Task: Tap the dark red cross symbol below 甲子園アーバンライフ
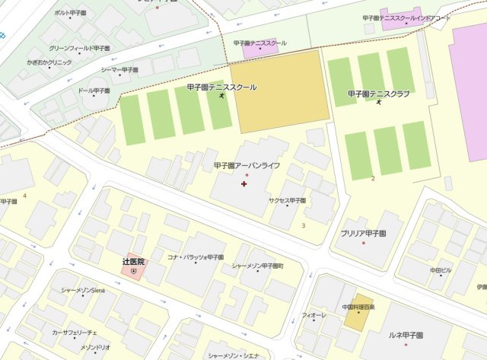pyautogui.click(x=243, y=184)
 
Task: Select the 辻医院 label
pyautogui.click(x=133, y=261)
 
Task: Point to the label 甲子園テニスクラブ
pyautogui.click(x=378, y=94)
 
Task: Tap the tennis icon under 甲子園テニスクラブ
pyautogui.click(x=378, y=104)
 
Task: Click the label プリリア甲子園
pyautogui.click(x=363, y=233)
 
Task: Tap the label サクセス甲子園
pyautogui.click(x=287, y=200)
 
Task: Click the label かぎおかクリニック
pyautogui.click(x=49, y=62)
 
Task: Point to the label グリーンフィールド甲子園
pyautogui.click(x=80, y=48)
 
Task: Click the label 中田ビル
pyautogui.click(x=441, y=269)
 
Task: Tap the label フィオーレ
pyautogui.click(x=314, y=314)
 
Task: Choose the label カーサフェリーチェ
pyautogui.click(x=75, y=333)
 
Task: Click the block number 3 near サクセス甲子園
pyautogui.click(x=304, y=225)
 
